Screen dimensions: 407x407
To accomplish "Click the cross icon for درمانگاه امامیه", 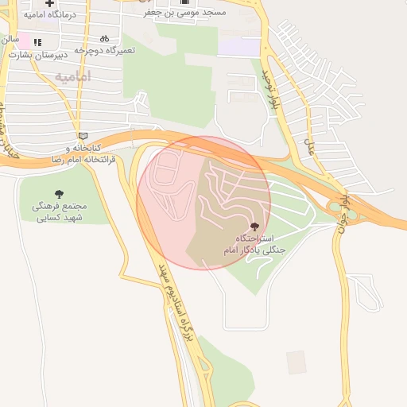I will click(x=49, y=4).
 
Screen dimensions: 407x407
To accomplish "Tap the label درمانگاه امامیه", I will click(x=48, y=15).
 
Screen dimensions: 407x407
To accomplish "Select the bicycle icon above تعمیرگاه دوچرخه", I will click(x=104, y=38).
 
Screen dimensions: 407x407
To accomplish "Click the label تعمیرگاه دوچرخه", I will click(x=105, y=49).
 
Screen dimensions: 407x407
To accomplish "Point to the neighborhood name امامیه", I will click(x=73, y=76).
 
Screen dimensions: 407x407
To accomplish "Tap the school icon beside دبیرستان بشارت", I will click(x=37, y=41).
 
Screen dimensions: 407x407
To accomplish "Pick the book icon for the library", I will click(x=83, y=136).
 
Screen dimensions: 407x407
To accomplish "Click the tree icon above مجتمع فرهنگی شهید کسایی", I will click(x=60, y=193).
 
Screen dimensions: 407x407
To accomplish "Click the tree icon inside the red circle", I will click(x=254, y=227).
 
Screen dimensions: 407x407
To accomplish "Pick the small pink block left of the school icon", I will click(x=22, y=41).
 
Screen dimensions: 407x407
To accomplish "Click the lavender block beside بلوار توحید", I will click(x=238, y=45).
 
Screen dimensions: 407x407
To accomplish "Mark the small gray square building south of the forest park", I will click(x=297, y=362).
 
